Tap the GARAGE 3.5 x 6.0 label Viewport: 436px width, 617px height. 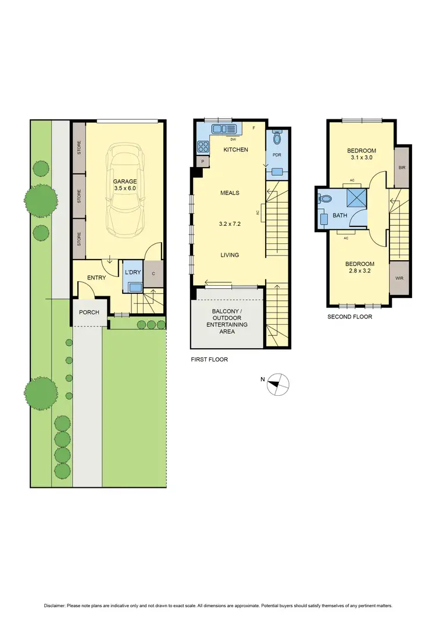pyautogui.click(x=125, y=185)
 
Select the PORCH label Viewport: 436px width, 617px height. pyautogui.click(x=89, y=313)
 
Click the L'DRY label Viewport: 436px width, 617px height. pyautogui.click(x=132, y=272)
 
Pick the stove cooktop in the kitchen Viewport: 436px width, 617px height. pyautogui.click(x=203, y=147)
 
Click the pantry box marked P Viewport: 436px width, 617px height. pyautogui.click(x=203, y=162)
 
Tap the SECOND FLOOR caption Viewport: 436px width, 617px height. pyautogui.click(x=349, y=317)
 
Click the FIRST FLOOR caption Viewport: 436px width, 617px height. pyautogui.click(x=209, y=360)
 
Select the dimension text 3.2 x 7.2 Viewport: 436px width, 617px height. pyautogui.click(x=230, y=224)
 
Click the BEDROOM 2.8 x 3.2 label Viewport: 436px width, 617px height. pyautogui.click(x=358, y=268)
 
